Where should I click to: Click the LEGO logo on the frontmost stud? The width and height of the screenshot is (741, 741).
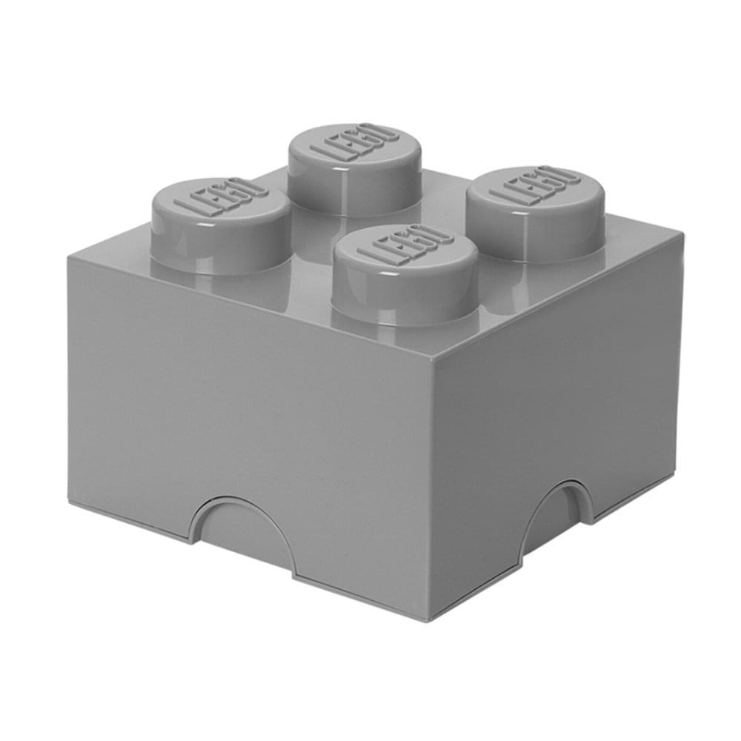click(x=405, y=244)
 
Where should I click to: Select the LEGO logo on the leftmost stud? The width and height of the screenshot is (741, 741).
click(x=220, y=197)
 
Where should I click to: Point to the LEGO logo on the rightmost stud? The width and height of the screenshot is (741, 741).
click(x=534, y=185)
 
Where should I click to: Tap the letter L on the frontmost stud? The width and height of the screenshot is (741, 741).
click(x=373, y=253)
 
